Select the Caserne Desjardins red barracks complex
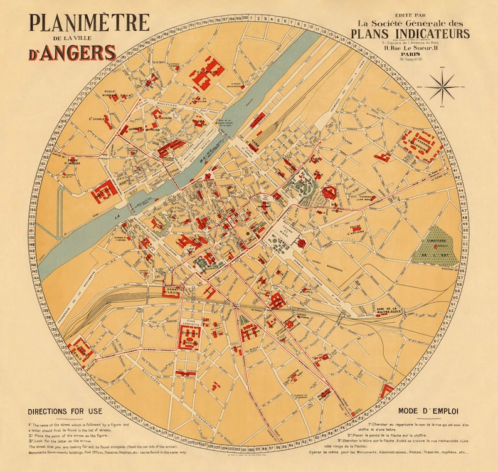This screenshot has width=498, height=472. point(420,144)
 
